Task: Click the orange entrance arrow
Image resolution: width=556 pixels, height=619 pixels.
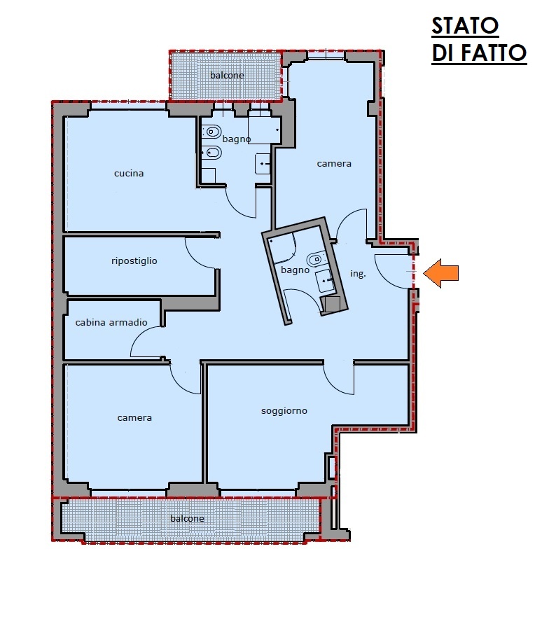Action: pos(440,273)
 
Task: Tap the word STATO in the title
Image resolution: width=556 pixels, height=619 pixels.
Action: pos(465,26)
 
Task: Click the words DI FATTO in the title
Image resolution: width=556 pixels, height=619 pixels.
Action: pos(480,53)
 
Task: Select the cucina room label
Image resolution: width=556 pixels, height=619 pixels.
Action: pos(129,173)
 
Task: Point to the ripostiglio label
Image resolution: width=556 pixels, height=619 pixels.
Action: pos(134,261)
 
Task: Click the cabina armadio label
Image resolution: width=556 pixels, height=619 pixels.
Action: pos(111,323)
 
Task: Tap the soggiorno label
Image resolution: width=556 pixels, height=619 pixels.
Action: pos(284,411)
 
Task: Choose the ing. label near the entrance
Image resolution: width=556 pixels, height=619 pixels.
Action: pos(358,274)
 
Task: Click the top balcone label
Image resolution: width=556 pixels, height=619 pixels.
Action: pos(227,75)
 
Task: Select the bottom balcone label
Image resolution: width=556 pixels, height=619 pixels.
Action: pos(187,518)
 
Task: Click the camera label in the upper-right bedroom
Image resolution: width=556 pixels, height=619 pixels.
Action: pos(334,163)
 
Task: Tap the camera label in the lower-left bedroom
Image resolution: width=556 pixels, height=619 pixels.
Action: pos(134,417)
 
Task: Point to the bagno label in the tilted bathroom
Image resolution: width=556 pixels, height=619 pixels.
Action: pos(295,270)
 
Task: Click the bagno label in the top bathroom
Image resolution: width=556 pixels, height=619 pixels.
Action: pos(236,139)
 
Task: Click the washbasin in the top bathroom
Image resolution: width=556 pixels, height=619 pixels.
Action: pos(263,164)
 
